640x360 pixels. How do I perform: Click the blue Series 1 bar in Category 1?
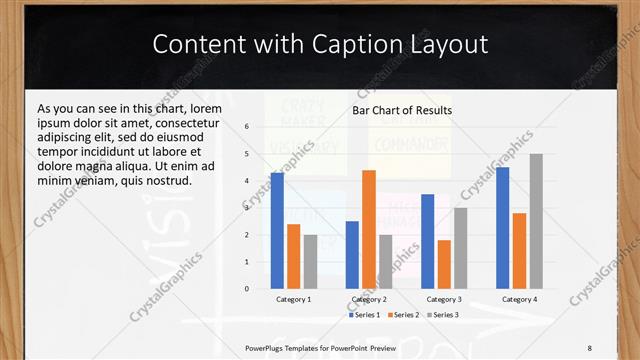(277, 231)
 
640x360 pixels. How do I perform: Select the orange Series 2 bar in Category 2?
(369, 229)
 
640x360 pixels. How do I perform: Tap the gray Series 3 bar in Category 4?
(536, 221)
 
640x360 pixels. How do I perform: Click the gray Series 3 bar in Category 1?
(310, 261)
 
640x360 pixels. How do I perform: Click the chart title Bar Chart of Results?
(402, 110)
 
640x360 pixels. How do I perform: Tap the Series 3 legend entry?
(443, 315)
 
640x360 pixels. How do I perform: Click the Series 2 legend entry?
(404, 315)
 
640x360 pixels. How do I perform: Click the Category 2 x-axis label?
(369, 299)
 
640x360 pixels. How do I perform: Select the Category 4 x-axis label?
(519, 299)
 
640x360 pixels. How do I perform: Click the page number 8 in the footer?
(590, 347)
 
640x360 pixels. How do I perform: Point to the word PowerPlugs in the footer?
(268, 347)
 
